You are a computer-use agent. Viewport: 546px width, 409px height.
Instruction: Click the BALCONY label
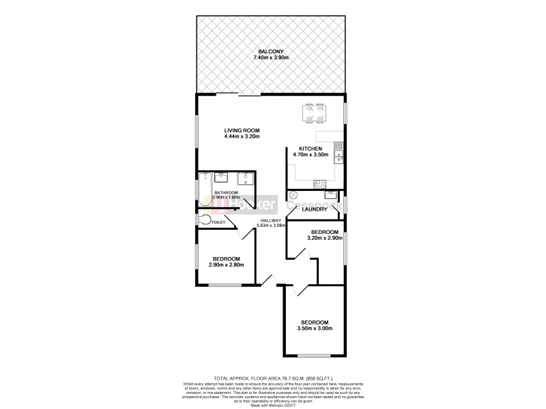click(x=271, y=50)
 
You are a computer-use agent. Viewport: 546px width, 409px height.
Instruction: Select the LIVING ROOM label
click(x=242, y=131)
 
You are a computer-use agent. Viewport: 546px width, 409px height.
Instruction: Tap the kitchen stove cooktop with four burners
click(x=319, y=183)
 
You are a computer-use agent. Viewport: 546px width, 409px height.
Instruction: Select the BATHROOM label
click(x=226, y=193)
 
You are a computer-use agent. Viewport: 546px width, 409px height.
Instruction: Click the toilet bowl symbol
click(x=203, y=220)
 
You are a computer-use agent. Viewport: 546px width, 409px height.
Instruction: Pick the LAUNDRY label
click(x=313, y=210)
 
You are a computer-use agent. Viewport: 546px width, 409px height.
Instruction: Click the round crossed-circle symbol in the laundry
click(x=294, y=195)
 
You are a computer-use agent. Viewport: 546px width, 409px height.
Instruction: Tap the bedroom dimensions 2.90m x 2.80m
click(x=226, y=266)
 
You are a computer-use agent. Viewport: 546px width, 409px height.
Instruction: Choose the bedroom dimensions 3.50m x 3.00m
click(x=315, y=329)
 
